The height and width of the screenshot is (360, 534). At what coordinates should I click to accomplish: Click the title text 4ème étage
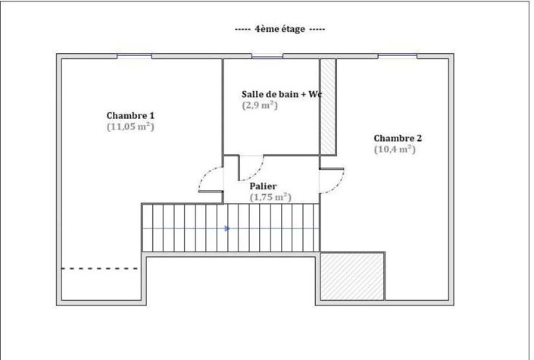280,29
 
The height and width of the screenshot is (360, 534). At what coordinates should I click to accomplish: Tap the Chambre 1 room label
130,115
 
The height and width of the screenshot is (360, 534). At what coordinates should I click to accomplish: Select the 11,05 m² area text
130,127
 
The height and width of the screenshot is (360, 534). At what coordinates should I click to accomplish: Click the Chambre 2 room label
398,138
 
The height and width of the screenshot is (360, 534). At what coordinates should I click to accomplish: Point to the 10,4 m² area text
395,149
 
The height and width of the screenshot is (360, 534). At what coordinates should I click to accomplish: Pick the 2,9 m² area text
260,105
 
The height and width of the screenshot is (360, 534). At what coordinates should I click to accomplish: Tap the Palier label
263,186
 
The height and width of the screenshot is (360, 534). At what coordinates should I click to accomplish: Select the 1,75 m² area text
270,197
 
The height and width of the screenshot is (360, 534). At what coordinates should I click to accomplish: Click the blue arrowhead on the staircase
227,227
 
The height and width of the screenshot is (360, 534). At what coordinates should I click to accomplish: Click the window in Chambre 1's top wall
135,56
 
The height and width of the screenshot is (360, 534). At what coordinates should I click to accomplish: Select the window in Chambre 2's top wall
397,56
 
